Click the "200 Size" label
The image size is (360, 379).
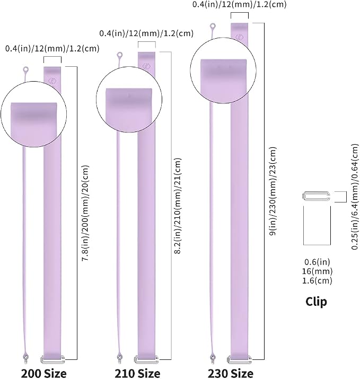[x=44, y=374]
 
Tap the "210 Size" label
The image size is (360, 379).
[x=137, y=374]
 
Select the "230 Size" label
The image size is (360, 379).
[x=231, y=374]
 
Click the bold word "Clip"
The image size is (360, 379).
[x=316, y=302]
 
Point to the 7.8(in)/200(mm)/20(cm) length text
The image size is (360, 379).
[x=85, y=213]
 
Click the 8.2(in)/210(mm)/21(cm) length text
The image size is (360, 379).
[x=178, y=206]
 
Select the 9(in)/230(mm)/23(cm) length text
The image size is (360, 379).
[x=273, y=191]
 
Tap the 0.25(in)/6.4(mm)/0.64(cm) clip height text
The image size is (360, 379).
[x=355, y=197]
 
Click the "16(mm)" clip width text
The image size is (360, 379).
[x=317, y=271]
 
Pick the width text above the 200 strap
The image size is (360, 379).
[x=52, y=48]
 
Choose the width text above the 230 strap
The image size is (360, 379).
[x=239, y=5]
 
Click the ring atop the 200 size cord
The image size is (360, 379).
[x=26, y=70]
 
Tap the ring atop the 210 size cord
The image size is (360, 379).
[x=120, y=56]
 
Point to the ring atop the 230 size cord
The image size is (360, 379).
[x=213, y=26]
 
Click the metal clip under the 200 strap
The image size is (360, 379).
[x=52, y=359]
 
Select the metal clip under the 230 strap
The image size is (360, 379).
[x=239, y=360]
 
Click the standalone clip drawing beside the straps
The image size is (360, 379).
[x=316, y=196]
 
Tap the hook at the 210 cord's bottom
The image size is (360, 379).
[x=119, y=358]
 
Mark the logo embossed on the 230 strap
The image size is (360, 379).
[x=240, y=37]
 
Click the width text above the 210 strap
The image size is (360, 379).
[x=146, y=33]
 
